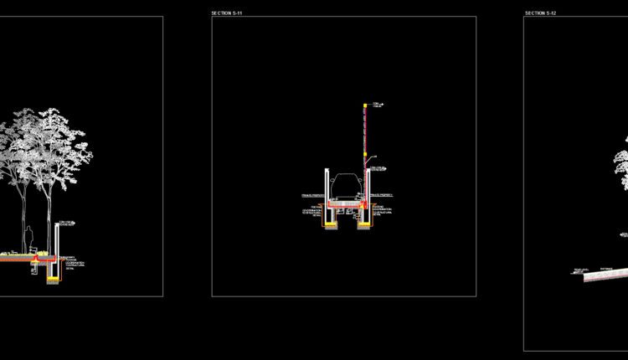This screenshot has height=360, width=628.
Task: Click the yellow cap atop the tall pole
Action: pyautogui.click(x=365, y=105)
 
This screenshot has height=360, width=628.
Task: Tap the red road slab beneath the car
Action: pyautogui.click(x=345, y=203)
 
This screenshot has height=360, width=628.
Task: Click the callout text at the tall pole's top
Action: pyautogui.click(x=377, y=105)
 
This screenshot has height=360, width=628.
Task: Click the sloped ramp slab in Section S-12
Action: pyautogui.click(x=599, y=275)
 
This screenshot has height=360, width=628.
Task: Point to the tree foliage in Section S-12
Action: pyautogui.click(x=621, y=167)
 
